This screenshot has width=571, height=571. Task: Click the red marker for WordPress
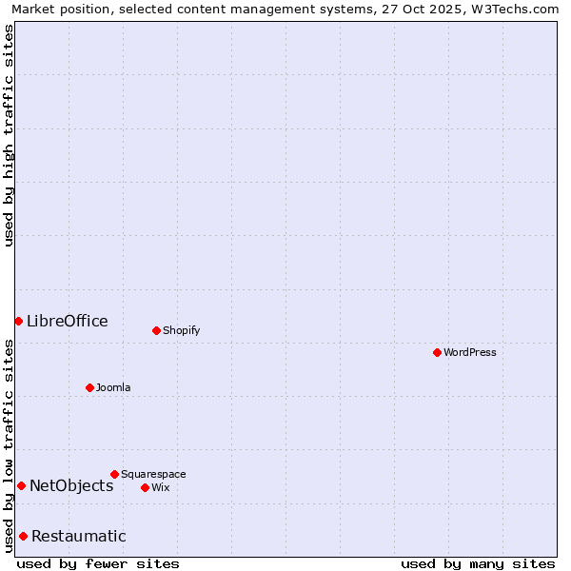click(437, 352)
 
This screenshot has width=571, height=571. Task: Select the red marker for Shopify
click(156, 330)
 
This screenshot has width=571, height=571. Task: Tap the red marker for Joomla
click(89, 387)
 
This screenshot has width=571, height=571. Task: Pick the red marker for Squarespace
click(114, 474)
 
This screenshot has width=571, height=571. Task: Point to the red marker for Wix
click(145, 487)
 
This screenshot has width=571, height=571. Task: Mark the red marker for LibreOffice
click(18, 321)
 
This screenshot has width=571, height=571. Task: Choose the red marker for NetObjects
click(21, 485)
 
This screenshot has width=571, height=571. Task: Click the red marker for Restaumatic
click(23, 536)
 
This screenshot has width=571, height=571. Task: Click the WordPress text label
click(470, 352)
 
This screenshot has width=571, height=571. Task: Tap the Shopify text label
click(181, 330)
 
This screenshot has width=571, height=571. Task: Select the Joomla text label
click(113, 387)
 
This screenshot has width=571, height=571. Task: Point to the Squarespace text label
click(153, 474)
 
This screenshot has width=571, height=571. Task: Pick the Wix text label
click(160, 487)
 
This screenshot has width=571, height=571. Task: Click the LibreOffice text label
click(67, 321)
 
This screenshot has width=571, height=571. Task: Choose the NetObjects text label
click(71, 485)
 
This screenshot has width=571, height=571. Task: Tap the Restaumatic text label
click(78, 536)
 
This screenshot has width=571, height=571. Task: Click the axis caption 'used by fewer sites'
click(98, 563)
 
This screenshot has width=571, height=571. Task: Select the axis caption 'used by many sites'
click(478, 563)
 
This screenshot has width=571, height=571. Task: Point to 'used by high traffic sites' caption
click(9, 135)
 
